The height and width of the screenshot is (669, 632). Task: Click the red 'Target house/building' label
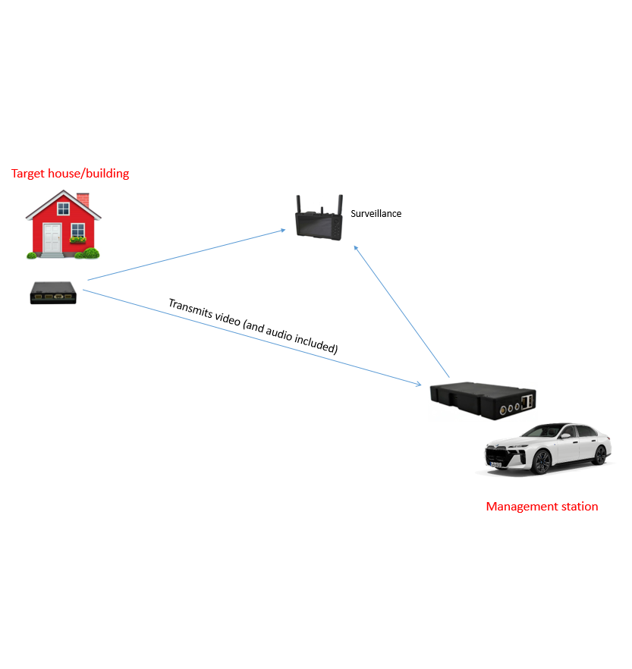click(70, 174)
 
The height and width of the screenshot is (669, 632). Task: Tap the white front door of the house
click(52, 239)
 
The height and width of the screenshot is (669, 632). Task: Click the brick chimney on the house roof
click(83, 199)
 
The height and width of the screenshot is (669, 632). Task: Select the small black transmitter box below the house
click(53, 292)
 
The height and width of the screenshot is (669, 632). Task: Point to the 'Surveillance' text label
click(376, 214)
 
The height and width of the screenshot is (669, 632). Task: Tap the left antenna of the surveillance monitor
click(298, 205)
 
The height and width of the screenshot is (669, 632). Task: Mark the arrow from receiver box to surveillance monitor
click(402, 311)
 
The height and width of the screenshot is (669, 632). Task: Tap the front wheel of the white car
click(541, 461)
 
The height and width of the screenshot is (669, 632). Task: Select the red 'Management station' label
click(542, 507)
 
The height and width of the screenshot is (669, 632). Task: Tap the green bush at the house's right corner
click(90, 253)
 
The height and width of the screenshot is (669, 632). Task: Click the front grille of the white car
click(502, 457)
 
